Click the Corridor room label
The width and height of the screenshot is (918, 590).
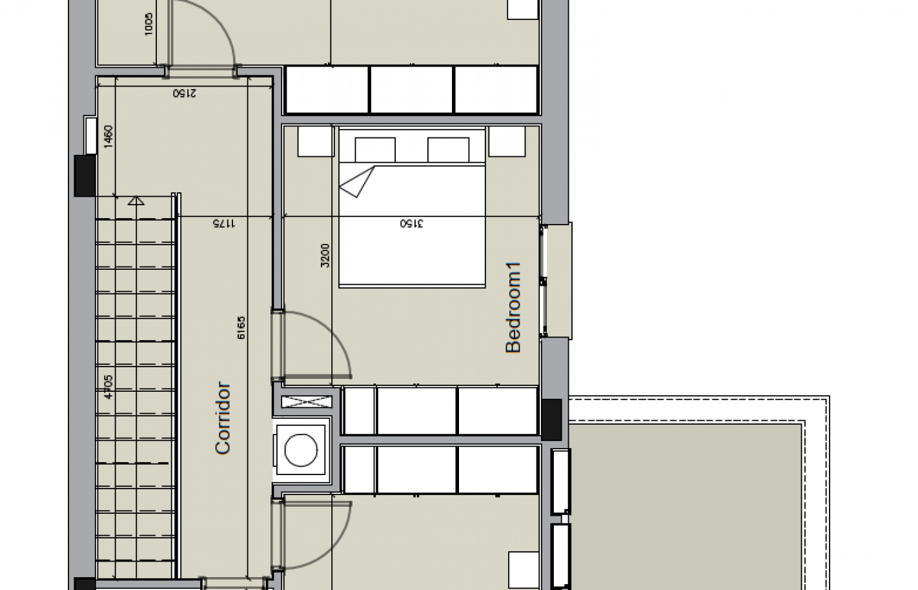coord(223,418)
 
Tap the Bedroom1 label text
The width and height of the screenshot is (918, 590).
coord(513,307)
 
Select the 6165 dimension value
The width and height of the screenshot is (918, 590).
coord(241,329)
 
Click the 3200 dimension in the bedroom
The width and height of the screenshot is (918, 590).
coord(325,255)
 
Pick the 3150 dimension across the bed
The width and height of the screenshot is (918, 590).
coord(411,223)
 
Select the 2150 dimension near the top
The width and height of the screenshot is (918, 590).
coord(184,92)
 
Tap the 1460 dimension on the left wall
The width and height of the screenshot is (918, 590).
coord(108,137)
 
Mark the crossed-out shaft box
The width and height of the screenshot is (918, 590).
coord(307,401)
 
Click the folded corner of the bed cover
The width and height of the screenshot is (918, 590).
coord(357,181)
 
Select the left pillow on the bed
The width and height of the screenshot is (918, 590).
coord(375,150)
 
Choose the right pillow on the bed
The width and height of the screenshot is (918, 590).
coord(448,150)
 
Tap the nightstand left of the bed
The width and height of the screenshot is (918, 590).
coord(314,141)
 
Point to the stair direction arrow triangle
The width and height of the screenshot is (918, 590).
coord(136,201)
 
